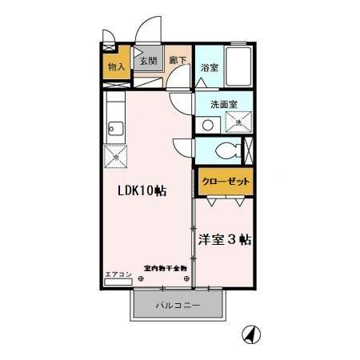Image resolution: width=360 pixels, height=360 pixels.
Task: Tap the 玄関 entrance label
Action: point(149,61)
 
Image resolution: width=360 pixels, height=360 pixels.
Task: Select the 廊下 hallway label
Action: point(178,61)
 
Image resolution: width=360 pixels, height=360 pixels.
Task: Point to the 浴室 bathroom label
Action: point(210,67)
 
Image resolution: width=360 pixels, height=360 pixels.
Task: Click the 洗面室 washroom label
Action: point(224,105)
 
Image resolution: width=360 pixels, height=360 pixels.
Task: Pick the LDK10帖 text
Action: point(143,191)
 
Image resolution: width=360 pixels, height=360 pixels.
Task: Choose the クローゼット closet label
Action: point(226,182)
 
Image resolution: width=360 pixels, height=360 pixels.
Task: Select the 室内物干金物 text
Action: point(165,268)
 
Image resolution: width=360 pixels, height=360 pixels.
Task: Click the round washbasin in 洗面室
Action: point(207,125)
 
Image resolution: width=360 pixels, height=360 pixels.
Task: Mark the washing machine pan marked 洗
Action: point(238,122)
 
